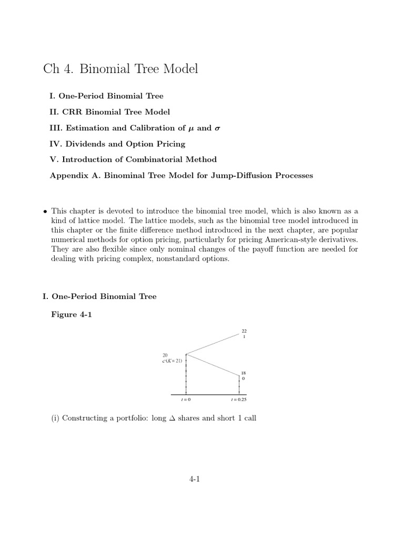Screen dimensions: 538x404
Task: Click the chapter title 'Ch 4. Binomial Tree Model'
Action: coord(120,69)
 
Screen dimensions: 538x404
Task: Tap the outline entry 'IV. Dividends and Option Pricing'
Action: coord(117,143)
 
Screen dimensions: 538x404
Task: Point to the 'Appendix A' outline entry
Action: coord(181,175)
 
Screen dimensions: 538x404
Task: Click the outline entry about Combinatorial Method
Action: coord(133,159)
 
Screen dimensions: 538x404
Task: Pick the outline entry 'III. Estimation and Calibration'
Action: coord(132,128)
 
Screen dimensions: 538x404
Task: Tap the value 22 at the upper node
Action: coord(244,331)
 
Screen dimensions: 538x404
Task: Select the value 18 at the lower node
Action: coord(244,373)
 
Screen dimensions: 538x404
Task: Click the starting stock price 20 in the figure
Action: coord(165,356)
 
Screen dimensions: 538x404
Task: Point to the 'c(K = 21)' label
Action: coord(173,361)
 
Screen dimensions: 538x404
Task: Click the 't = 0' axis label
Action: coord(186,400)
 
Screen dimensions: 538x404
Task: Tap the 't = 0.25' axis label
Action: coord(239,400)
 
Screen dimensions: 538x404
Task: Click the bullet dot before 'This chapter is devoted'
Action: coord(45,210)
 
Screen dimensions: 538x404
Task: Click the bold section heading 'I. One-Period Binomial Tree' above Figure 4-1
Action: coord(99,297)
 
